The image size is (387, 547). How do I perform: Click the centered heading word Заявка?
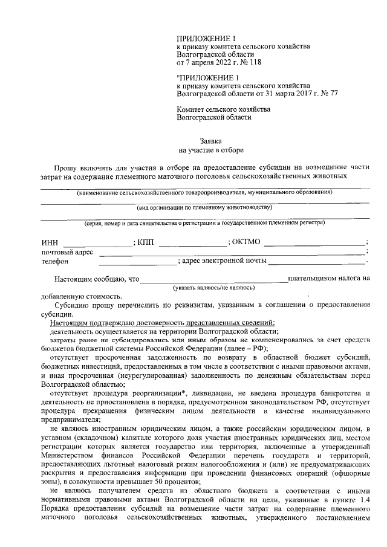(x=211, y=140)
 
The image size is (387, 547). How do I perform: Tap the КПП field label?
(x=146, y=243)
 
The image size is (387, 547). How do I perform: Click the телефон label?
(x=54, y=262)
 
